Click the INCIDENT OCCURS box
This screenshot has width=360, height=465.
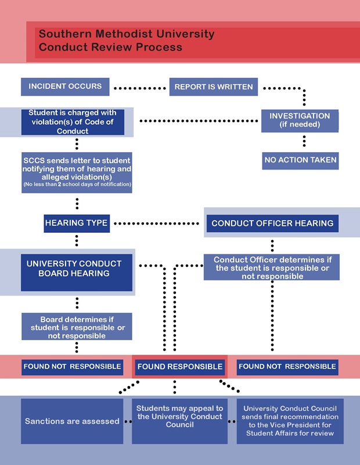(x=65, y=86)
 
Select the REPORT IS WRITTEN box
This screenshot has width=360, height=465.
(x=214, y=87)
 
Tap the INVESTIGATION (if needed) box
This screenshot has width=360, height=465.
(x=300, y=120)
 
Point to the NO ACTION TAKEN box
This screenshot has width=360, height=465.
(x=300, y=160)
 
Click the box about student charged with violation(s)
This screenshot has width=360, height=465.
(x=73, y=122)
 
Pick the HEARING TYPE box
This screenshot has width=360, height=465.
(x=77, y=223)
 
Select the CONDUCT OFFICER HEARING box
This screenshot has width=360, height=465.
(x=272, y=223)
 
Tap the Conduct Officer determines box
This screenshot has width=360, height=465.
(x=272, y=268)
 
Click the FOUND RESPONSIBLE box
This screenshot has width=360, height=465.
(x=179, y=366)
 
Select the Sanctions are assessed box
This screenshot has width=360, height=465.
(x=71, y=421)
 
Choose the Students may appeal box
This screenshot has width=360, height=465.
(x=179, y=417)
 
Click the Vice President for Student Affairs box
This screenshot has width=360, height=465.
(x=290, y=421)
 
